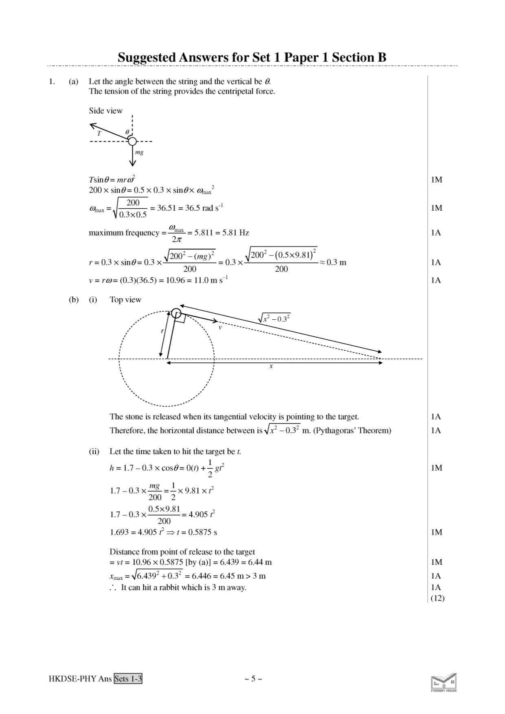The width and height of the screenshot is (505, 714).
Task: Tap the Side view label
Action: (105, 111)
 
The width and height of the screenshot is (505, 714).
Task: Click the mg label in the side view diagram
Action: (139, 153)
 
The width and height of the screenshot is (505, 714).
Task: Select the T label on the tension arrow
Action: (99, 133)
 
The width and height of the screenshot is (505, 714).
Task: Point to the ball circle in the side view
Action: (132, 141)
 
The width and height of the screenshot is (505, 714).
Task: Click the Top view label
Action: (125, 300)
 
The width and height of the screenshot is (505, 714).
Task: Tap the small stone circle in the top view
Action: (176, 313)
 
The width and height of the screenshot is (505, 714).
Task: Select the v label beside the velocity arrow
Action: (220, 327)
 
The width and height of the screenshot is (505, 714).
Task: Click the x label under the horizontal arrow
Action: (271, 366)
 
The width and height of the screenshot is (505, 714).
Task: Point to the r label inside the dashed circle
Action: (162, 331)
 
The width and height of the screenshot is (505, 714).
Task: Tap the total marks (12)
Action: (437, 598)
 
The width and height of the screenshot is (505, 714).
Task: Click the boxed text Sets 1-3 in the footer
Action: (128, 679)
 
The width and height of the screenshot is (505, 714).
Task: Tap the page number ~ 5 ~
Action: (253, 679)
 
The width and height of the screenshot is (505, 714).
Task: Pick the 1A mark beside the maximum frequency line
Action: (436, 233)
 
